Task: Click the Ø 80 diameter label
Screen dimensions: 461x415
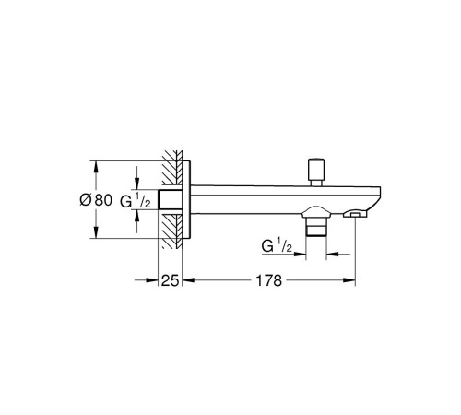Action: click(96, 200)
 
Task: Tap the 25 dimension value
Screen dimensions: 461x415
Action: click(170, 280)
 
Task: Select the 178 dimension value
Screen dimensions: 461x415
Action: click(269, 280)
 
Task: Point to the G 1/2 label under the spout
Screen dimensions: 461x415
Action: click(277, 245)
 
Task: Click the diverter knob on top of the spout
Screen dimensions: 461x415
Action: click(316, 172)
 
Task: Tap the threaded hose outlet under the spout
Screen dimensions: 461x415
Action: click(316, 228)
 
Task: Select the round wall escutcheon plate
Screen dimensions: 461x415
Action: click(186, 200)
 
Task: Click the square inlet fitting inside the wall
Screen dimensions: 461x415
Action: click(170, 200)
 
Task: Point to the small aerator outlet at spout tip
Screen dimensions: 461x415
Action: click(356, 214)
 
